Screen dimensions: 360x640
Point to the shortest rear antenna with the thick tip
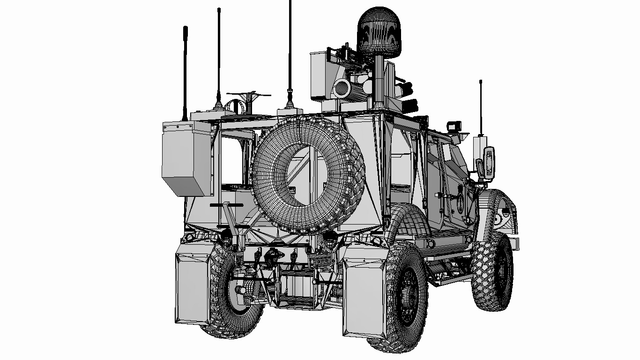coord(186,70)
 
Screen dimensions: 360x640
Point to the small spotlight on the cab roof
coord(454,126)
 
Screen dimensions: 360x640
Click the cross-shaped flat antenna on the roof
coord(248,96)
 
